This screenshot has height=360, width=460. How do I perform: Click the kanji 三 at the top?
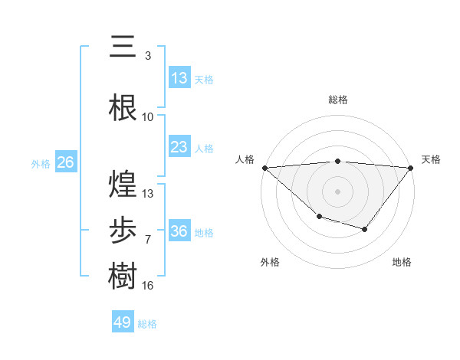(123, 47)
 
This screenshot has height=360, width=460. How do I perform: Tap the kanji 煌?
(123, 184)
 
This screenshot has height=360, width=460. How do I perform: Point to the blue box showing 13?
(179, 78)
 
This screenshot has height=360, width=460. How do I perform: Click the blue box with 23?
(179, 147)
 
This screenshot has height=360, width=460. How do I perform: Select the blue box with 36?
(179, 231)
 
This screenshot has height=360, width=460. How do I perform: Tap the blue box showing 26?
(65, 162)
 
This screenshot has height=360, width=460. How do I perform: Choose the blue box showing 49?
(123, 322)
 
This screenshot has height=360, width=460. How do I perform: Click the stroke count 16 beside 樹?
(148, 285)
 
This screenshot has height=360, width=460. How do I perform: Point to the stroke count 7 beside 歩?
(147, 239)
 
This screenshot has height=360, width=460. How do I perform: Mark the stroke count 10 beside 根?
(148, 116)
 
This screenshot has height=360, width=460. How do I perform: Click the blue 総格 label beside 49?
(147, 324)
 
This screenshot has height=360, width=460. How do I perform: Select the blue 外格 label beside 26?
(40, 164)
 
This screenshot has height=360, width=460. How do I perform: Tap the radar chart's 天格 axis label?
(432, 159)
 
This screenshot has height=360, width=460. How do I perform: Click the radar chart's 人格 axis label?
(245, 159)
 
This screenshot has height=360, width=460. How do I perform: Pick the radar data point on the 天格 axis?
(411, 167)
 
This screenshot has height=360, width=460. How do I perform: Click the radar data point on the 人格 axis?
(264, 167)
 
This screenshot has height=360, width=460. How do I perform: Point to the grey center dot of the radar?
(337, 191)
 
